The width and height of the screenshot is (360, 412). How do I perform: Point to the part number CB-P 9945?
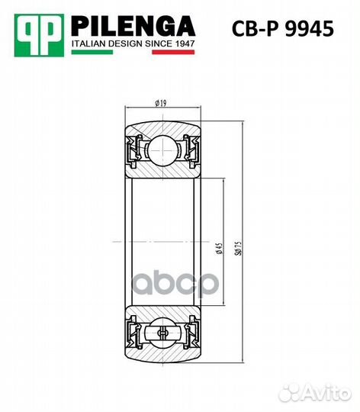point(282,30)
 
